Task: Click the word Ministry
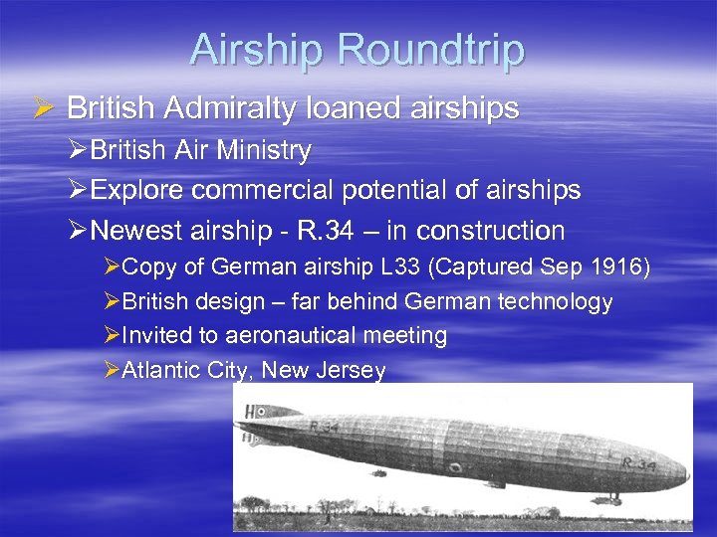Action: tap(263, 151)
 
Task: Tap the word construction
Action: tap(490, 231)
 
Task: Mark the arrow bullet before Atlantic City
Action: tap(111, 371)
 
